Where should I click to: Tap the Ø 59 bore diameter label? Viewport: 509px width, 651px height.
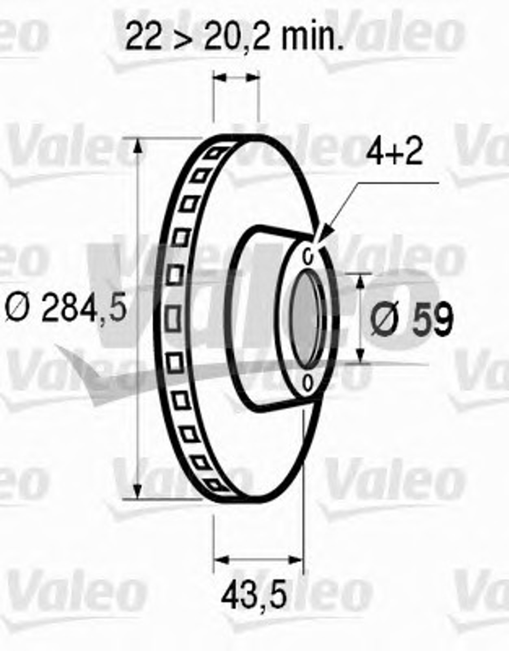[412, 318]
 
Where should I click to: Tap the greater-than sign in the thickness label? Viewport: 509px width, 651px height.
[183, 37]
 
